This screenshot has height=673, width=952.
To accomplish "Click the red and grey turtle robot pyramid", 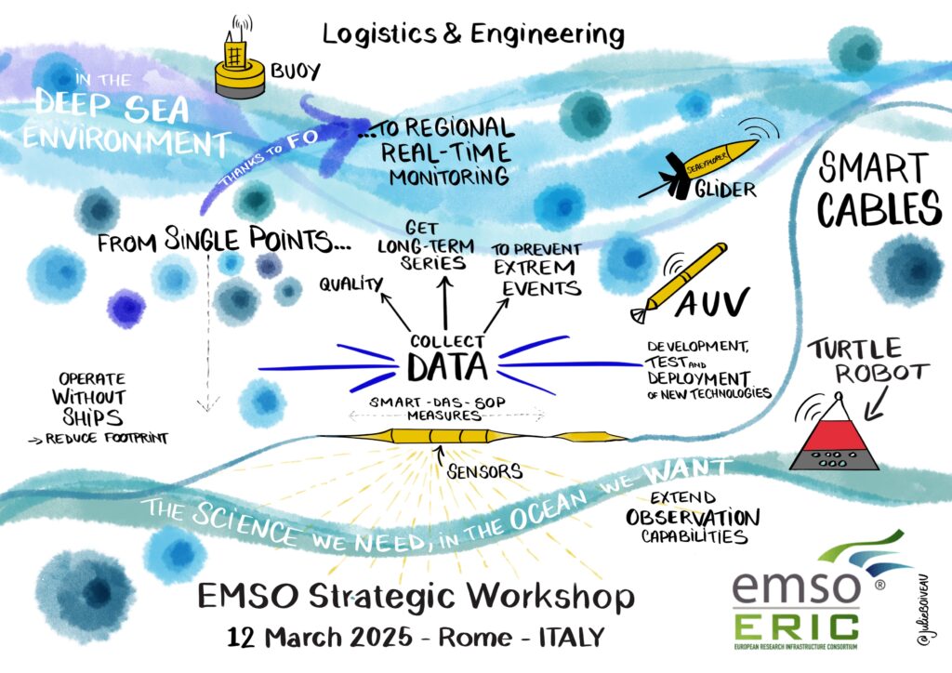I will [833, 437].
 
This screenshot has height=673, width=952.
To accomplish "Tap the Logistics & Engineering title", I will [473, 34].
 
